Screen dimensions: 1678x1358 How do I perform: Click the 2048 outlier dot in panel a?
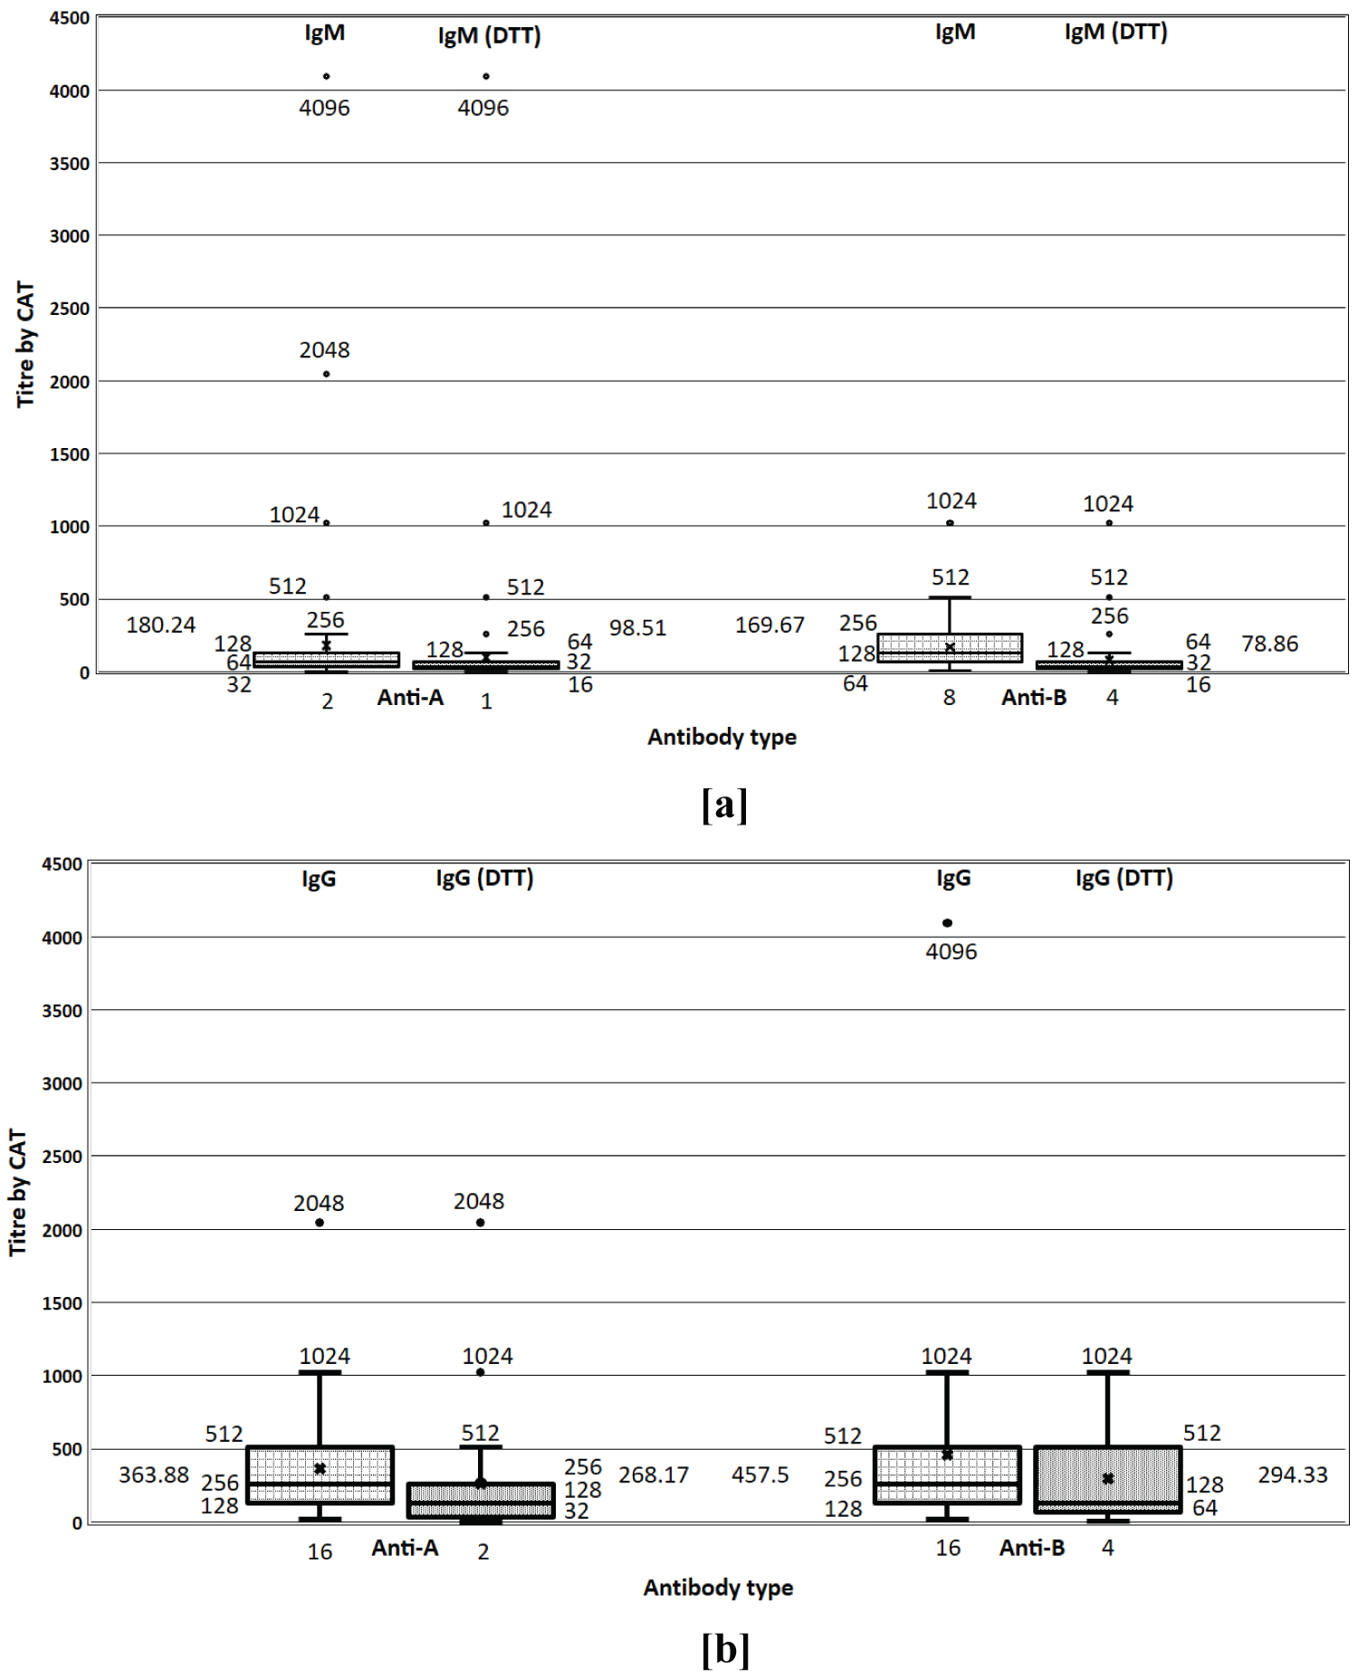pyautogui.click(x=326, y=374)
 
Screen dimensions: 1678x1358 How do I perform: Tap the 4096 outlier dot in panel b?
pyautogui.click(x=947, y=923)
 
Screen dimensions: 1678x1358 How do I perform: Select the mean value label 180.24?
pyautogui.click(x=160, y=625)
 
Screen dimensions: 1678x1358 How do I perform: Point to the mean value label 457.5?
pyautogui.click(x=760, y=1474)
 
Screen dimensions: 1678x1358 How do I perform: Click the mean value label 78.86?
pyautogui.click(x=1269, y=644)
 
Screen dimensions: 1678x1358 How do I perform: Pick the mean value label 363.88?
pyautogui.click(x=154, y=1474)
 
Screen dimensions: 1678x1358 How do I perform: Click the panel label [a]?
pyautogui.click(x=724, y=804)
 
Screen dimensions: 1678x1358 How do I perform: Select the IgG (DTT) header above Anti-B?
pyautogui.click(x=1124, y=878)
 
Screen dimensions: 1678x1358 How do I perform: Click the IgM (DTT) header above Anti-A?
pyautogui.click(x=489, y=35)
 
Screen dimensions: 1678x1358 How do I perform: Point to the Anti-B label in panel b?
pyautogui.click(x=1031, y=1548)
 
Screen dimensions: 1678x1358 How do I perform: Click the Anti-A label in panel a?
pyautogui.click(x=410, y=697)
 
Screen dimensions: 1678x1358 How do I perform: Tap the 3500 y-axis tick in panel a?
pyautogui.click(x=69, y=164)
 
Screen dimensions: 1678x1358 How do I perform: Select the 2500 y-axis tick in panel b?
pyautogui.click(x=62, y=1157)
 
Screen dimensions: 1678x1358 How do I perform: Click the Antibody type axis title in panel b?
pyautogui.click(x=718, y=1587)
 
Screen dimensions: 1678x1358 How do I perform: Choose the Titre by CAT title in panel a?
pyautogui.click(x=24, y=344)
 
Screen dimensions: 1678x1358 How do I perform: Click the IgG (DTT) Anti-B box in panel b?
pyautogui.click(x=1107, y=1479)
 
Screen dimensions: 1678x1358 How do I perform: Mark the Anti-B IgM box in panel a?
pyautogui.click(x=950, y=648)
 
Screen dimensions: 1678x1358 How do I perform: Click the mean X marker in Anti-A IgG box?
pyautogui.click(x=320, y=1468)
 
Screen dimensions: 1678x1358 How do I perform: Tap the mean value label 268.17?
pyautogui.click(x=653, y=1474)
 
